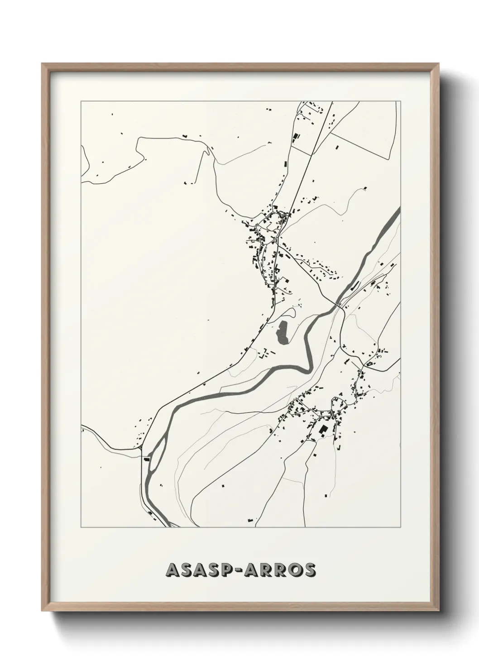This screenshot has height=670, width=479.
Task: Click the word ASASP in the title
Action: [201, 570]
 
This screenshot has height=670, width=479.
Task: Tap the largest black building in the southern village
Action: [323, 430]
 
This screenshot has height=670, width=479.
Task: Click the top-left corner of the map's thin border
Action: [81, 101]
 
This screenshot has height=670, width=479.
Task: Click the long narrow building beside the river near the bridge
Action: [355, 286]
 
